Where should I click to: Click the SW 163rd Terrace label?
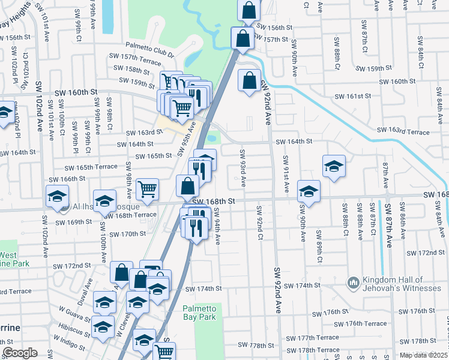click(x=403, y=131)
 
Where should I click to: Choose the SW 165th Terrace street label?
click(x=91, y=166)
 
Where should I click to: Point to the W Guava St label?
click(x=75, y=311)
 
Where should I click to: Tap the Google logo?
click(x=20, y=353)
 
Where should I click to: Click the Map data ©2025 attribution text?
click(x=423, y=355)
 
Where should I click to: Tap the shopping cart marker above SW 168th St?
click(x=147, y=190)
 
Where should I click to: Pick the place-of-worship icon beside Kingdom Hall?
click(x=353, y=282)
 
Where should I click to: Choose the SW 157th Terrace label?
click(x=134, y=61)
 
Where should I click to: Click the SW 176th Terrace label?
click(x=366, y=323)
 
